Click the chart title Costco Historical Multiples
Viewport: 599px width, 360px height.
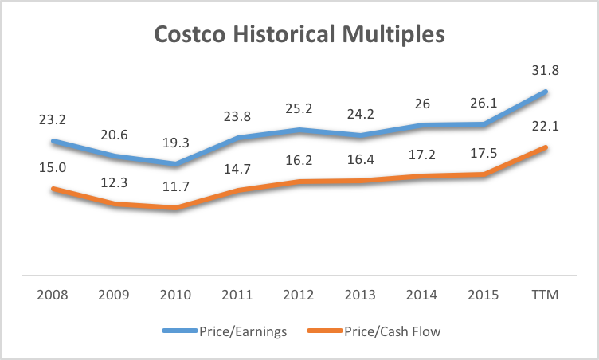click(x=299, y=37)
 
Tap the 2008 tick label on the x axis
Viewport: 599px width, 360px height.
click(x=52, y=295)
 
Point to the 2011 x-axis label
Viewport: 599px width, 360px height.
click(x=237, y=295)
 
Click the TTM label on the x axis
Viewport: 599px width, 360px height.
click(x=546, y=295)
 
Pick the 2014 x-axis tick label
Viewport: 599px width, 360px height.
click(x=422, y=295)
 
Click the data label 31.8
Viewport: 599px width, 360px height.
click(x=546, y=70)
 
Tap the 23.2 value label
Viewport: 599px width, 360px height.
click(x=52, y=119)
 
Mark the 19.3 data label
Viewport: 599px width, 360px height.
click(x=175, y=142)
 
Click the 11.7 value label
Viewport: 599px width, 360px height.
click(x=175, y=187)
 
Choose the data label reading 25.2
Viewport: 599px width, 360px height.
click(x=299, y=108)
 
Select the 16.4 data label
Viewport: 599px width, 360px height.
click(x=361, y=159)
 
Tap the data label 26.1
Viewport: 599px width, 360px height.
click(x=484, y=104)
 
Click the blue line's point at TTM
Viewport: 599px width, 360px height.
click(x=546, y=91)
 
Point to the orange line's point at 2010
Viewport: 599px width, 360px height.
click(x=175, y=208)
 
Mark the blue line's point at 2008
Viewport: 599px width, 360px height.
click(x=52, y=141)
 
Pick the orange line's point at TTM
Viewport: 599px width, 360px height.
click(x=546, y=147)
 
